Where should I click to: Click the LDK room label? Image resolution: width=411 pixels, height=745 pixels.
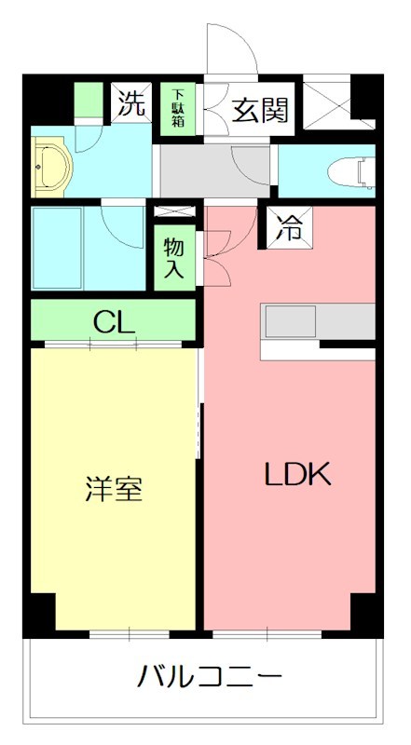[x=297, y=474]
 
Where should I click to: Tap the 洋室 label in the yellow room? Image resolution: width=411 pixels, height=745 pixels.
[x=114, y=489]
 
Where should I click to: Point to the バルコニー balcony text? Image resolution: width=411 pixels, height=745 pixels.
[x=211, y=675]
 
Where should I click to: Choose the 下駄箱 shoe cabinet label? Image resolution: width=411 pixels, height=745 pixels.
[x=177, y=108]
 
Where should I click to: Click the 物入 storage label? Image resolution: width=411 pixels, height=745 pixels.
[x=174, y=259]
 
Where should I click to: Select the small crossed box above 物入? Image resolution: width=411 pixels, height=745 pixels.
[x=174, y=212]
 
